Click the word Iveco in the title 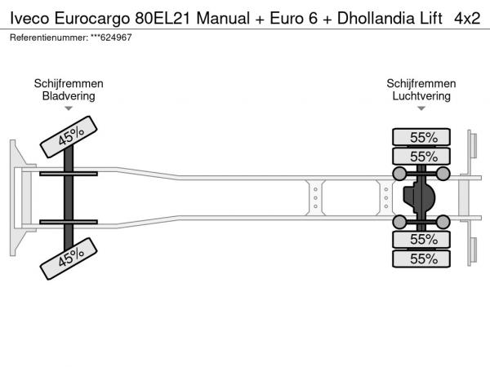[x=29, y=18]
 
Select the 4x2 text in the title [x=467, y=18]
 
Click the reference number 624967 [x=116, y=38]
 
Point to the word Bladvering [x=69, y=95]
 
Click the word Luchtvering [x=421, y=95]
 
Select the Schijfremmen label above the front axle [x=69, y=83]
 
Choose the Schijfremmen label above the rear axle [x=421, y=83]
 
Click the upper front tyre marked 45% [x=69, y=137]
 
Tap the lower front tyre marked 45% [x=69, y=259]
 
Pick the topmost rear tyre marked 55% [x=421, y=137]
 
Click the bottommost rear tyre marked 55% [x=421, y=259]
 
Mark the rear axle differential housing [x=419, y=198]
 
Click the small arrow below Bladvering [x=69, y=108]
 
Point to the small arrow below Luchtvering [x=421, y=108]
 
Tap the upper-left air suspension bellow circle [x=399, y=174]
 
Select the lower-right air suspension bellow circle [x=443, y=222]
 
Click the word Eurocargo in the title [x=92, y=18]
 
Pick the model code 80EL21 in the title [x=163, y=18]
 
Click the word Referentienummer [x=49, y=38]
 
